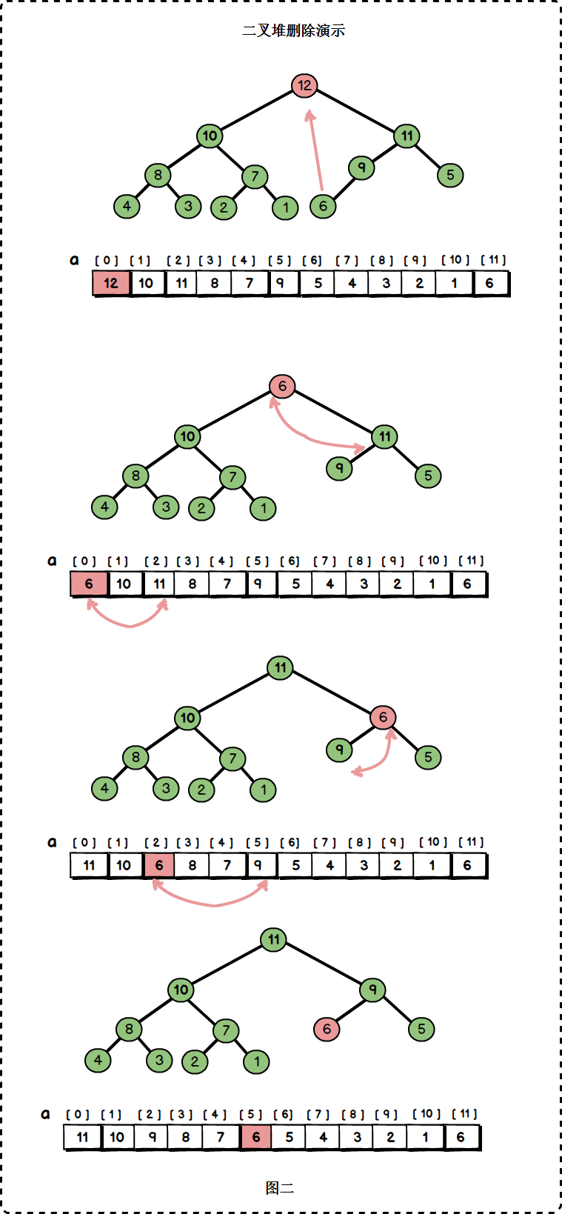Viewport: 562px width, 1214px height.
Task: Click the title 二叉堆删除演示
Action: point(293,30)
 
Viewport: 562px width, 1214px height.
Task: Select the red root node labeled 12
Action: point(304,85)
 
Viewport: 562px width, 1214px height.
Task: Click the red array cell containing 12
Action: point(111,283)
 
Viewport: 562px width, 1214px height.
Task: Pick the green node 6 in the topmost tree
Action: point(323,206)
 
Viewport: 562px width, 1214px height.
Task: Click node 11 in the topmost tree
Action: point(407,136)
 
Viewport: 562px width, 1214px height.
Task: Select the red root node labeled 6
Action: point(282,387)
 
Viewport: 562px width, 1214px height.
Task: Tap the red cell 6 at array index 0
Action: point(90,584)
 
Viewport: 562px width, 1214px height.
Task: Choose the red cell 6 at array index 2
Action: point(158,865)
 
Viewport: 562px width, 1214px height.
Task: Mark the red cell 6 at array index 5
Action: point(256,1137)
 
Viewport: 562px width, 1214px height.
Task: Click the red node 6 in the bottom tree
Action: point(327,1029)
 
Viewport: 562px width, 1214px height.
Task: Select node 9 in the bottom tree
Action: point(372,990)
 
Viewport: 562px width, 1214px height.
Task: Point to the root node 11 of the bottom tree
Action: point(274,939)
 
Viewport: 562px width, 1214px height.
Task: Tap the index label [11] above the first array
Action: point(493,260)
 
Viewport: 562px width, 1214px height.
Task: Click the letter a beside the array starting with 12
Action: point(74,260)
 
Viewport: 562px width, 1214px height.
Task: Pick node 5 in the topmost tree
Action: point(450,175)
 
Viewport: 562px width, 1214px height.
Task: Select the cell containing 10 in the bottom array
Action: point(117,1137)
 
